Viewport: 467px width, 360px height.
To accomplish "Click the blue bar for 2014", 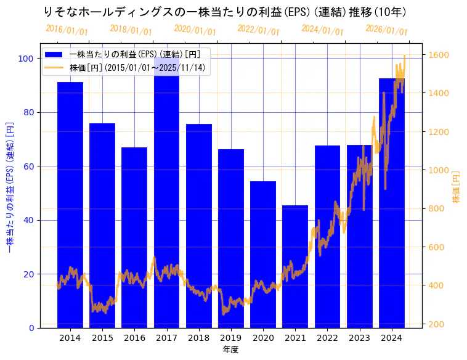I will [70, 203].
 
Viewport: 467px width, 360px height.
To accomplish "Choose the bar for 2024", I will [392, 203].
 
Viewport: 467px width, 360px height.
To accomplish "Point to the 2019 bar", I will [231, 238].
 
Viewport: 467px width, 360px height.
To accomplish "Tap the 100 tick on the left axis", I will [26, 59].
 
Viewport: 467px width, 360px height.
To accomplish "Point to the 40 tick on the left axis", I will [28, 220].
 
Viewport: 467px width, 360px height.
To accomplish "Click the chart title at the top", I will [225, 12].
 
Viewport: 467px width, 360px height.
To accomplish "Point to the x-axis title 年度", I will [230, 350].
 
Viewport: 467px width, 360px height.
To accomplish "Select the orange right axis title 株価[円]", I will [457, 187].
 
